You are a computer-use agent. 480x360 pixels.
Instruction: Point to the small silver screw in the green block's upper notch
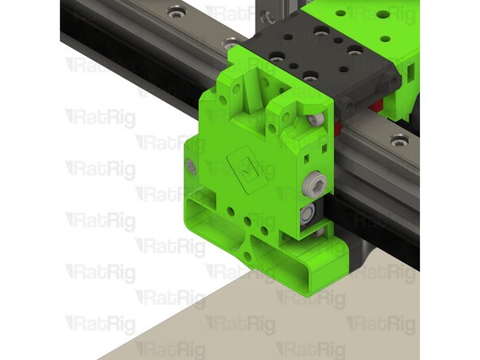pyautogui.click(x=315, y=119)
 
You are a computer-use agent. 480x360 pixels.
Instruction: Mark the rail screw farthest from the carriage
pyautogui.click(x=175, y=12)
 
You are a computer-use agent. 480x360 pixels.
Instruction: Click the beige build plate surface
pyautogui.click(x=243, y=324)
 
